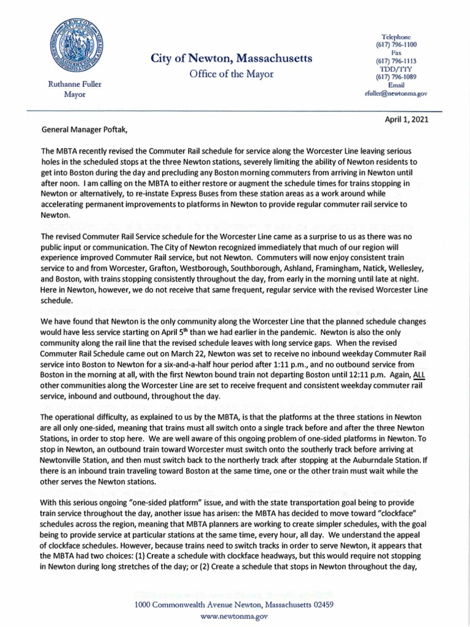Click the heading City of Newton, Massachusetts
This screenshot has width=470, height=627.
[231, 59]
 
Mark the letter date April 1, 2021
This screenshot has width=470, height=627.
[406, 120]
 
